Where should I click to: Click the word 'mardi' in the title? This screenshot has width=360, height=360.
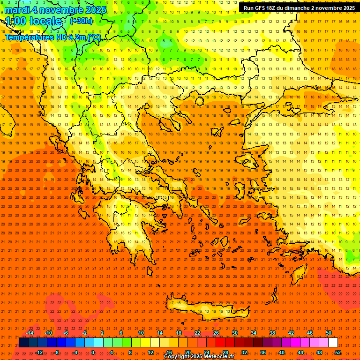pos(15,10)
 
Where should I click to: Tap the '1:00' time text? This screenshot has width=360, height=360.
pos(16,21)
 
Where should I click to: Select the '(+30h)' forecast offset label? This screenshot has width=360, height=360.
pos(81,21)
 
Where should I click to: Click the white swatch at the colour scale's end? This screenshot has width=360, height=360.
pos(333,343)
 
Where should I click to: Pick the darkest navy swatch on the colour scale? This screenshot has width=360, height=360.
pos(23,343)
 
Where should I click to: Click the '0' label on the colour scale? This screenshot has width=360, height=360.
pos(93,352)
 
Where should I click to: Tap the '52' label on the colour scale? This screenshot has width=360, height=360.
pos(338,352)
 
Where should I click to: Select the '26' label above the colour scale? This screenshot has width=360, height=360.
pos(216,333)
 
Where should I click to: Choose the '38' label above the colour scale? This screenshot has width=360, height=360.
pos(272,333)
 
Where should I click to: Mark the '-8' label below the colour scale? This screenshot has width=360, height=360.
pos(56,352)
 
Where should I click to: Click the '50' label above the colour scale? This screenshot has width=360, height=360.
pos(329,333)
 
